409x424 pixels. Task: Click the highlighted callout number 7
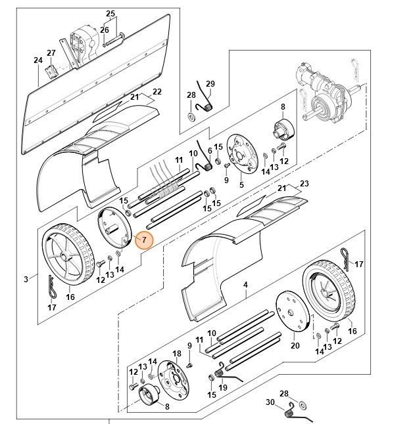click(x=144, y=241)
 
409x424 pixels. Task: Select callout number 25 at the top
click(x=110, y=14)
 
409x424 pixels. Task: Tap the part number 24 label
click(x=37, y=60)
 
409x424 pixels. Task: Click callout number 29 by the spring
click(x=210, y=84)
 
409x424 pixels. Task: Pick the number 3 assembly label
click(x=26, y=279)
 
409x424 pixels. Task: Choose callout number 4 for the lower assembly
click(x=245, y=285)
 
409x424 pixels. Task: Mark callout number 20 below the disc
click(x=295, y=345)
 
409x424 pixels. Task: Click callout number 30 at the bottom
click(x=268, y=402)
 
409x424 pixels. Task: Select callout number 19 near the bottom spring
click(x=223, y=387)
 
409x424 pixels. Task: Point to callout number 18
click(x=176, y=354)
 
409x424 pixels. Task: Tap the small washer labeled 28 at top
click(x=191, y=116)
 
